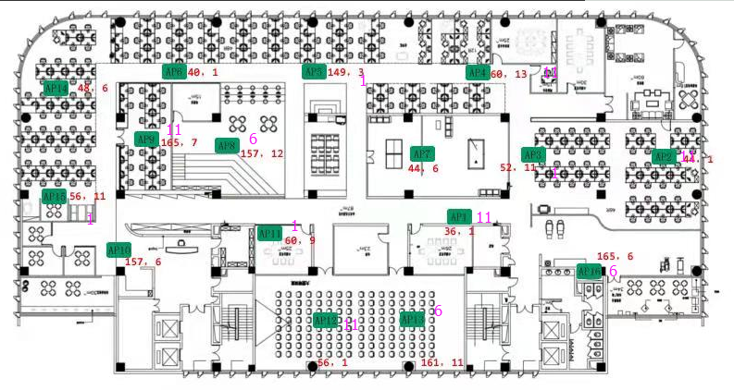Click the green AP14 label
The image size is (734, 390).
click(x=56, y=88)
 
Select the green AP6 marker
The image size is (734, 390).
click(x=173, y=71)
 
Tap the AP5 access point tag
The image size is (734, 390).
click(x=314, y=71)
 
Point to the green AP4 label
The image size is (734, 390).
click(x=477, y=72)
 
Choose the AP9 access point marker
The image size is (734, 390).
click(x=146, y=140)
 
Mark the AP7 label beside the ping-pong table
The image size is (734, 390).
click(x=422, y=153)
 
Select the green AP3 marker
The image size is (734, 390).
click(x=532, y=154)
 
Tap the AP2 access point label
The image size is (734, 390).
click(x=663, y=157)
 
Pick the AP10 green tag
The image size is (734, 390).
click(x=119, y=250)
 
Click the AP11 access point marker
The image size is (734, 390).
click(x=269, y=234)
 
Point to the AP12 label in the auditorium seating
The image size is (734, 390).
click(x=325, y=321)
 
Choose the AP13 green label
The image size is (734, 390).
click(x=413, y=319)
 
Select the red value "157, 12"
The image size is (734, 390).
click(x=262, y=153)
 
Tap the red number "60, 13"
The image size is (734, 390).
click(x=508, y=73)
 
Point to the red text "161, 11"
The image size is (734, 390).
click(x=442, y=363)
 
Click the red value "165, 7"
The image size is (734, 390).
click(x=179, y=143)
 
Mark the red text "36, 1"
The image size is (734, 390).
click(x=459, y=232)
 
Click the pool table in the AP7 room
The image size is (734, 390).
click(x=478, y=151)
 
